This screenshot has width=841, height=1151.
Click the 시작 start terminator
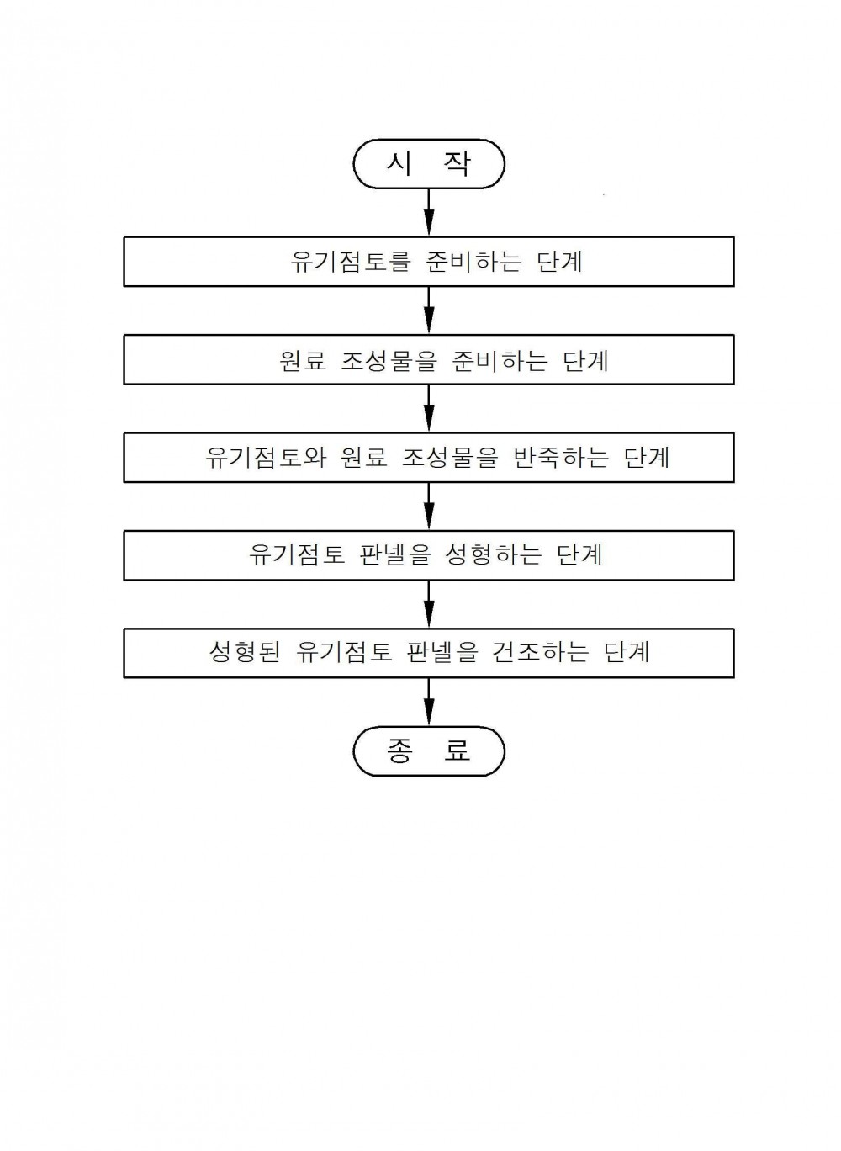[x=428, y=163]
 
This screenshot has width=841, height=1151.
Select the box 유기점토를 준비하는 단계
[x=428, y=262]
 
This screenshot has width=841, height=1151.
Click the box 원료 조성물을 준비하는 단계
[x=428, y=360]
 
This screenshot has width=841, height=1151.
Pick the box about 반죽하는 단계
[x=428, y=458]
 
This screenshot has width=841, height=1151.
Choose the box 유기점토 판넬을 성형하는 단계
[x=428, y=555]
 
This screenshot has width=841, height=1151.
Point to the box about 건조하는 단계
[x=428, y=653]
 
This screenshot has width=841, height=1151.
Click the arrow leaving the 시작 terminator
[x=429, y=212]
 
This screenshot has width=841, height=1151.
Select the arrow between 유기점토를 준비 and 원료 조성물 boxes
[x=429, y=310]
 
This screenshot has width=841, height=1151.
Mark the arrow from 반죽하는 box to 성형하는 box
[x=429, y=507]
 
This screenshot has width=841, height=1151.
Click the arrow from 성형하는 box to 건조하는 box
[x=429, y=604]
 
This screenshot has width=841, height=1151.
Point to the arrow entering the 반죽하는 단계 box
[x=429, y=409]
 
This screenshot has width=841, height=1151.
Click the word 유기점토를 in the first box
[x=351, y=262]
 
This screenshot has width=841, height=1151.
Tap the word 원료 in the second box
[x=303, y=360]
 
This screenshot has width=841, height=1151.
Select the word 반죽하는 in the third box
[x=561, y=458]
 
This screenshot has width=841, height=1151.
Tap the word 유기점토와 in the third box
[x=266, y=458]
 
